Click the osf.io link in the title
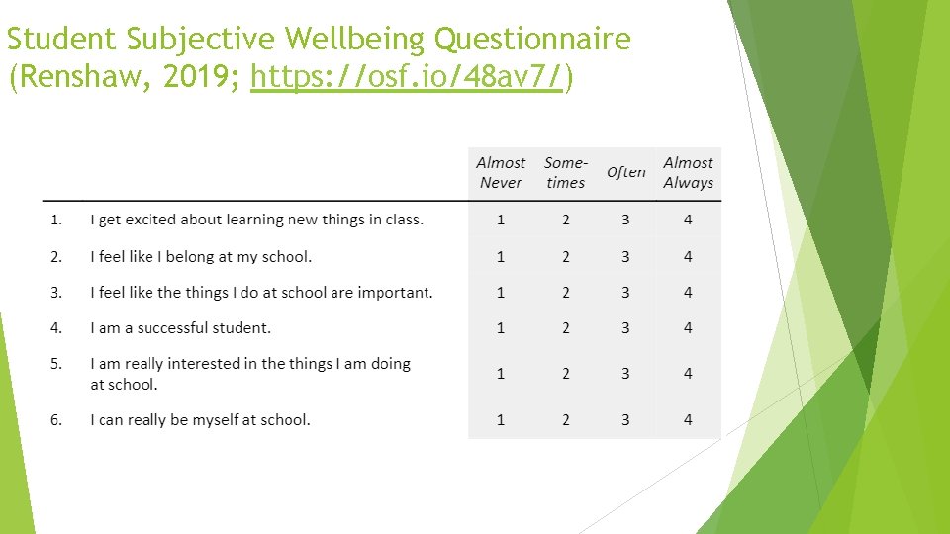[x=408, y=76]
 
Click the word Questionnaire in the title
[x=533, y=40]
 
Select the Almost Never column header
[x=501, y=172]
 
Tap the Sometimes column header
[x=565, y=172]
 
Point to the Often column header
[x=625, y=172]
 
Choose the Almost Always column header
[x=688, y=172]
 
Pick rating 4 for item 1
[x=688, y=220]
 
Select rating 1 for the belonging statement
[x=501, y=257]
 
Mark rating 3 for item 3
[x=625, y=293]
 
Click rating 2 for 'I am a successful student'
[x=565, y=328]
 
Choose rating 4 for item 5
[x=688, y=374]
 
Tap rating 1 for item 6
[x=501, y=420]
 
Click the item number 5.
[x=56, y=364]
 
